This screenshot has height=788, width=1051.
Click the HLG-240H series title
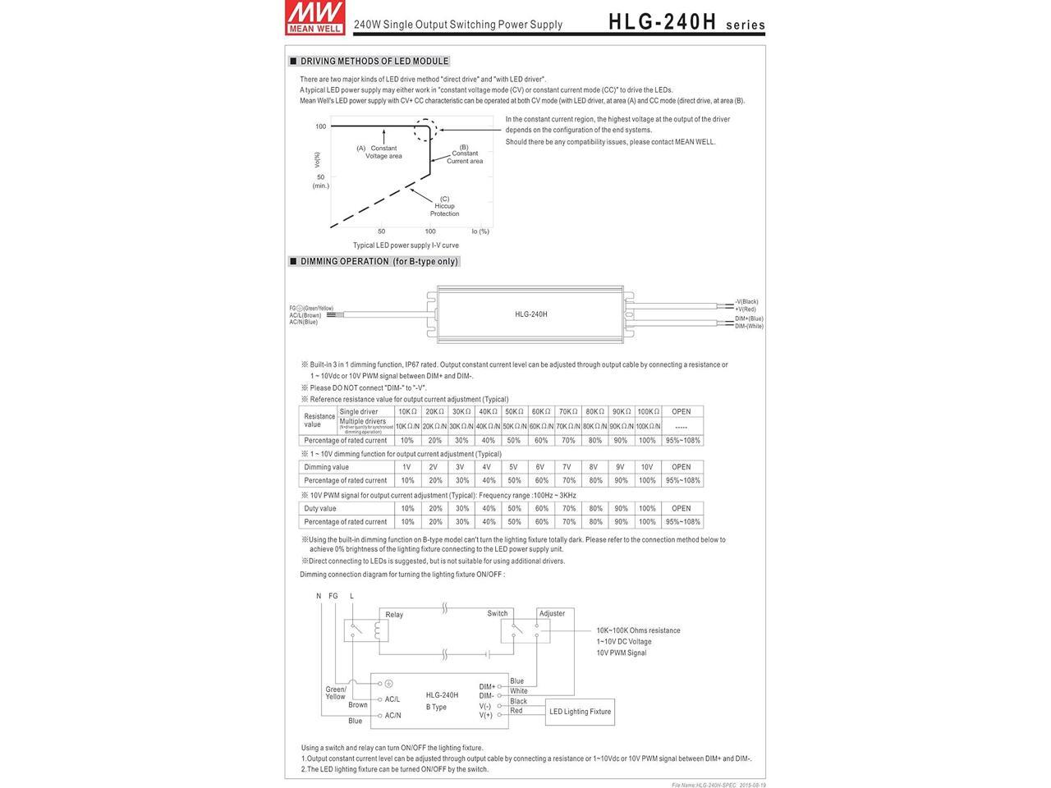point(686,23)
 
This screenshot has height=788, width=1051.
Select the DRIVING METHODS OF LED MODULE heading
point(374,61)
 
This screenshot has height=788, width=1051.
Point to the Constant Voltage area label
point(383,152)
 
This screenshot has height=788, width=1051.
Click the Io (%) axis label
point(480,231)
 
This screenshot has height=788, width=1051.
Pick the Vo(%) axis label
point(318,160)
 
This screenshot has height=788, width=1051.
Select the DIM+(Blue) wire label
point(749,318)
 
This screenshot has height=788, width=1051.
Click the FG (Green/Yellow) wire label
point(311,308)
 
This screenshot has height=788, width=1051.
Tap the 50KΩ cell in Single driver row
point(515,411)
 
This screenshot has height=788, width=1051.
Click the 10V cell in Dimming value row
point(647,467)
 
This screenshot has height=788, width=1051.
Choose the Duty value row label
point(320,508)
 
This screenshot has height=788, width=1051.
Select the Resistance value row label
point(319,420)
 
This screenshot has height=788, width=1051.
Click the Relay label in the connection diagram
point(394,615)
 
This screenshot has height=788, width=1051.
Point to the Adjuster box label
point(552,614)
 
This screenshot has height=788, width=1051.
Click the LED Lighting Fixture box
point(580,712)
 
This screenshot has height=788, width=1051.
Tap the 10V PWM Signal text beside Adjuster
point(622,653)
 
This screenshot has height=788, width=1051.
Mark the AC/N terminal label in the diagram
point(392,716)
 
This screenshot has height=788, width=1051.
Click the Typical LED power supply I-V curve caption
point(406,245)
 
